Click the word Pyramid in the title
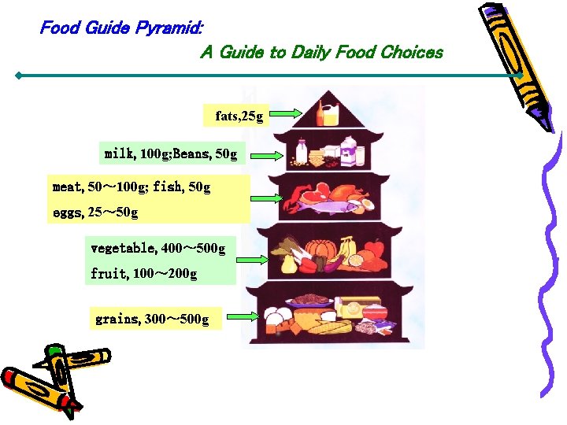[168, 28]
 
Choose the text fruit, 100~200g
[143, 274]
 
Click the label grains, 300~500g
[152, 320]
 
